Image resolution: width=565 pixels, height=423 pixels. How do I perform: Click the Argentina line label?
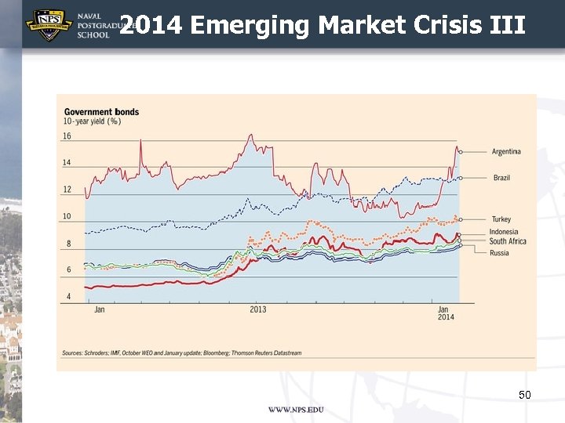tap(506, 151)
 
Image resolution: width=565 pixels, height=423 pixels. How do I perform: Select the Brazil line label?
tap(501, 178)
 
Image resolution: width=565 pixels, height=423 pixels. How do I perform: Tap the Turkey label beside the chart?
tap(501, 219)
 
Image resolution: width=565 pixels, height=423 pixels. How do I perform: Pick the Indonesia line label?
tap(504, 232)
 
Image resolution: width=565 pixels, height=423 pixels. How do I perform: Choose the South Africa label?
tap(508, 241)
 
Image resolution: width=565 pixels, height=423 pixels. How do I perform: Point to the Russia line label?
tap(499, 253)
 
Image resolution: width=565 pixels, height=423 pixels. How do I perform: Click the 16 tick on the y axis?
tap(67, 136)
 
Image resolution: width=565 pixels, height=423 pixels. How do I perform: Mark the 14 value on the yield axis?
tap(67, 163)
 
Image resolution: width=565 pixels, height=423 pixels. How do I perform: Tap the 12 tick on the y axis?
tap(67, 190)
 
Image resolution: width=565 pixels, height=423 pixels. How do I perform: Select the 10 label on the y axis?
tap(67, 216)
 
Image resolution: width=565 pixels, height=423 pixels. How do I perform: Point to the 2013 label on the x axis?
tap(258, 309)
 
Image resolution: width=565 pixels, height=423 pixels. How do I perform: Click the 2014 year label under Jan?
tap(446, 316)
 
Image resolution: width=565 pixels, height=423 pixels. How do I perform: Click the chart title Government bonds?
tap(101, 112)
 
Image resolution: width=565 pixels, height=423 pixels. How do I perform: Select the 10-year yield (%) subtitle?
tap(92, 121)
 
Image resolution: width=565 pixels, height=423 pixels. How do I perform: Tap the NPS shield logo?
tap(49, 24)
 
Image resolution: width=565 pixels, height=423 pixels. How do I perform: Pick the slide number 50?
tap(525, 395)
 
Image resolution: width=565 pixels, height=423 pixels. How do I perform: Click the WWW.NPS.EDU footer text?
tap(296, 410)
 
